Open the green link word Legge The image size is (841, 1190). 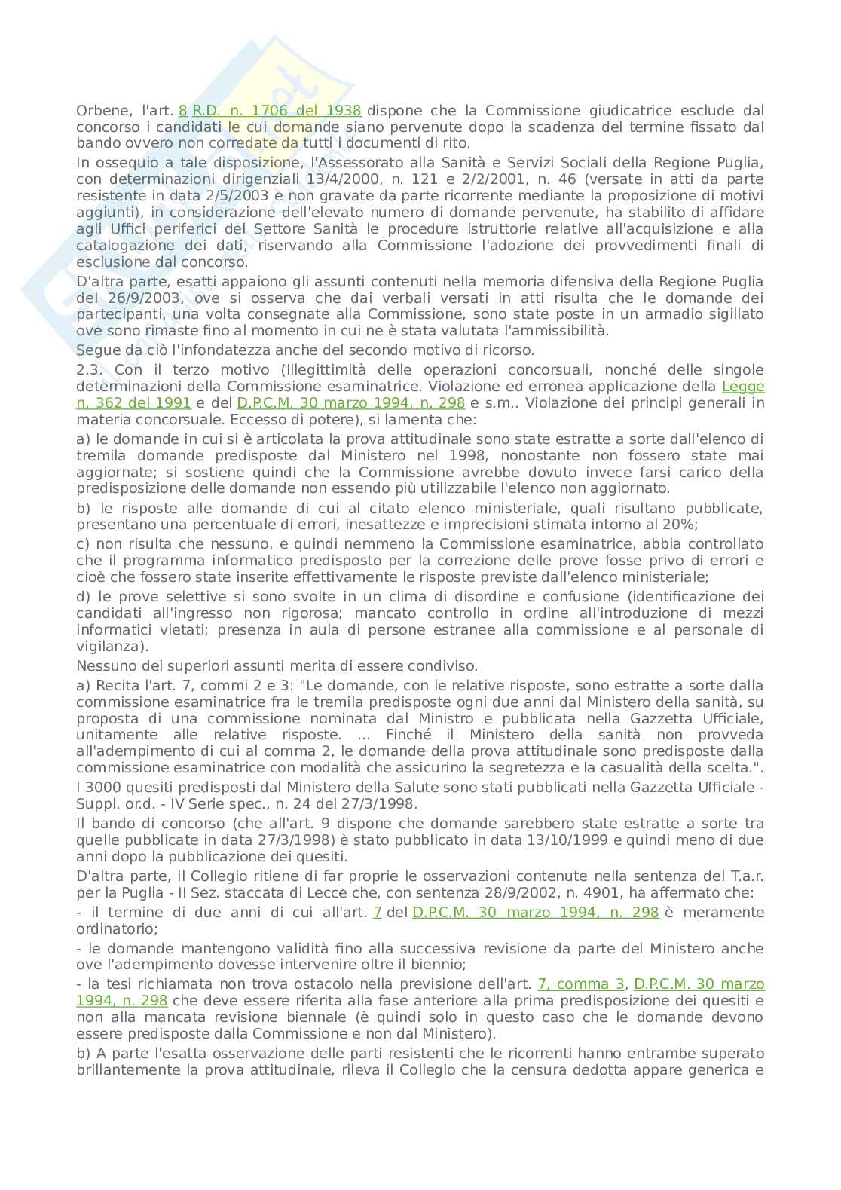pyautogui.click(x=743, y=386)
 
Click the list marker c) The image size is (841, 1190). pyautogui.click(x=84, y=544)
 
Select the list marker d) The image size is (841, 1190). pyautogui.click(x=84, y=597)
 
